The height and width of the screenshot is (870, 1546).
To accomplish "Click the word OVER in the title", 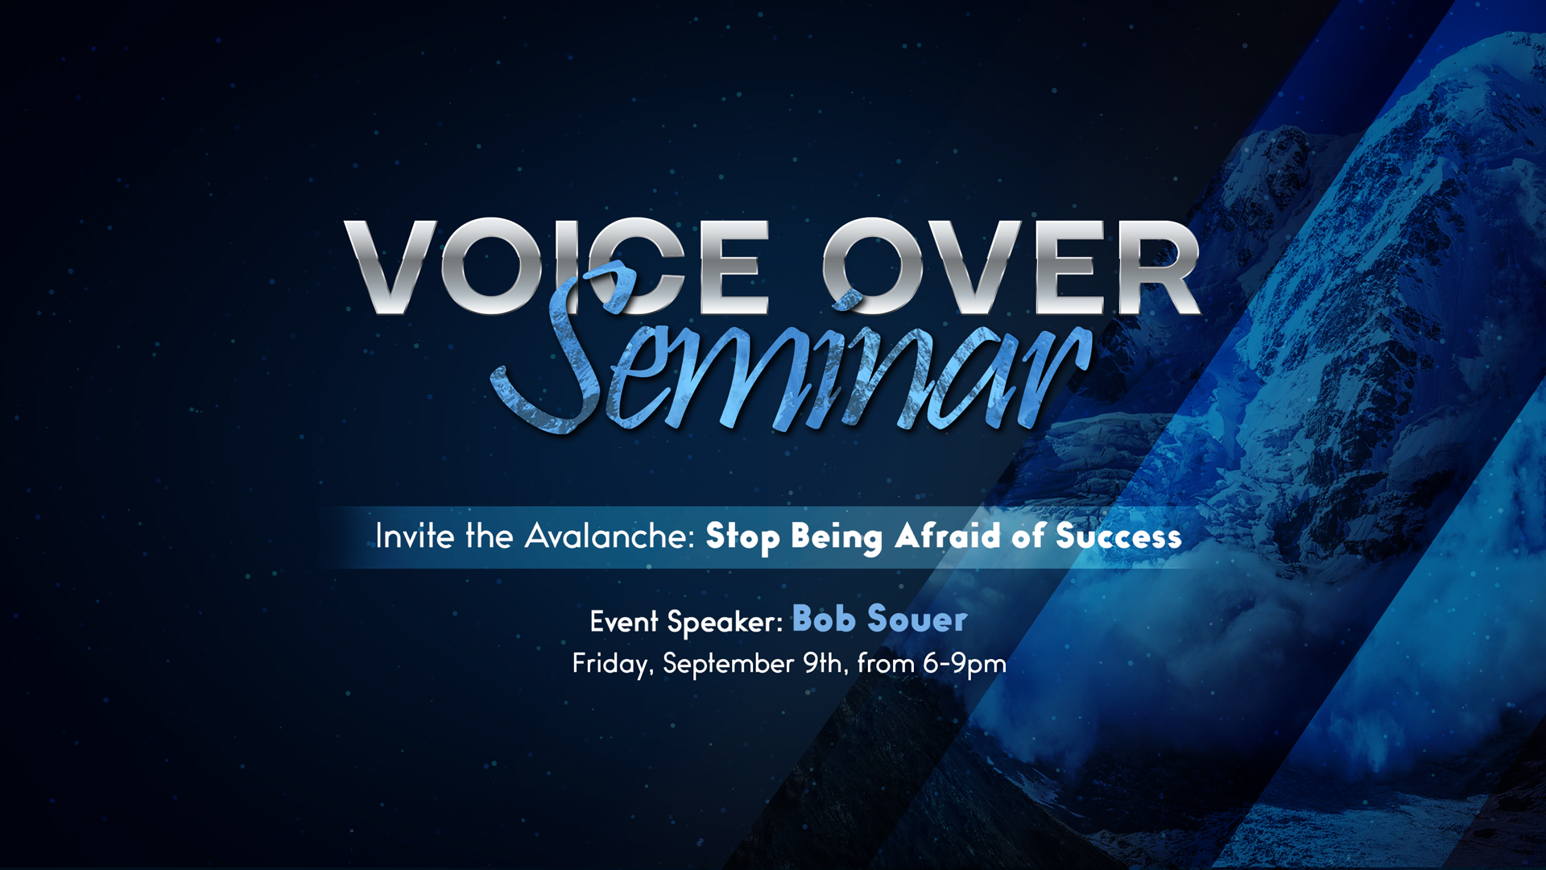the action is point(1011,267).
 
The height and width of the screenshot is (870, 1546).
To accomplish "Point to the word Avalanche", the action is point(610,536).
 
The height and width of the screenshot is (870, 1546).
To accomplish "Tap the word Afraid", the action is point(948,536).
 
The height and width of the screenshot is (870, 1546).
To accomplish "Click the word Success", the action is point(1118,536).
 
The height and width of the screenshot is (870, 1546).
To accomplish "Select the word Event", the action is point(624,621).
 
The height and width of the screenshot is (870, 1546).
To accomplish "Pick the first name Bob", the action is point(824,619).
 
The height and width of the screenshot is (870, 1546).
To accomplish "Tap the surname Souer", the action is point(917,619).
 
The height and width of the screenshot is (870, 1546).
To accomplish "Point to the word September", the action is point(729,665).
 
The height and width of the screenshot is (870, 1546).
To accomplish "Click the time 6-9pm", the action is point(965,665).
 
